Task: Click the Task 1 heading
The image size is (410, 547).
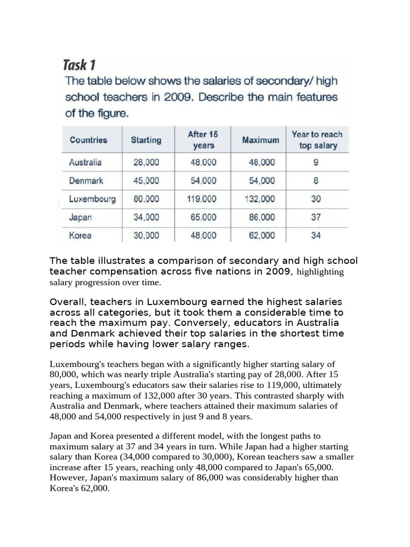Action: [x=79, y=66]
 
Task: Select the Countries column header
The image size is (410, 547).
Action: [x=88, y=140]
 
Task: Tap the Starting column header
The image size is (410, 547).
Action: [x=146, y=140]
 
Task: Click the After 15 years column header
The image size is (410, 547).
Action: [x=202, y=139]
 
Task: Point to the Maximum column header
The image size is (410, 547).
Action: [x=260, y=140]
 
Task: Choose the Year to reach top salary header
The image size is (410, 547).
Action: [x=317, y=140]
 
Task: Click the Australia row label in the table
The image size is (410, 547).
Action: [x=85, y=162]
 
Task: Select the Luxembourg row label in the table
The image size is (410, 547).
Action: [x=92, y=199]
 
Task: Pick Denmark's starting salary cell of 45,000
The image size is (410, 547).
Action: [x=145, y=181]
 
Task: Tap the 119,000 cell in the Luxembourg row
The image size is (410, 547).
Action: [x=202, y=199]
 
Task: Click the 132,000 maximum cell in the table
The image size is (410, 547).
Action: [x=260, y=199]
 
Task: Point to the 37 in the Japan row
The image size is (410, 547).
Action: [x=316, y=217]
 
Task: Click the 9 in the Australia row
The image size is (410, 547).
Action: [x=316, y=162]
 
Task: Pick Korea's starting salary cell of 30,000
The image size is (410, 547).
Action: [x=145, y=236]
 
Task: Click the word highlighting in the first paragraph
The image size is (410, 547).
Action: [x=320, y=272]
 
